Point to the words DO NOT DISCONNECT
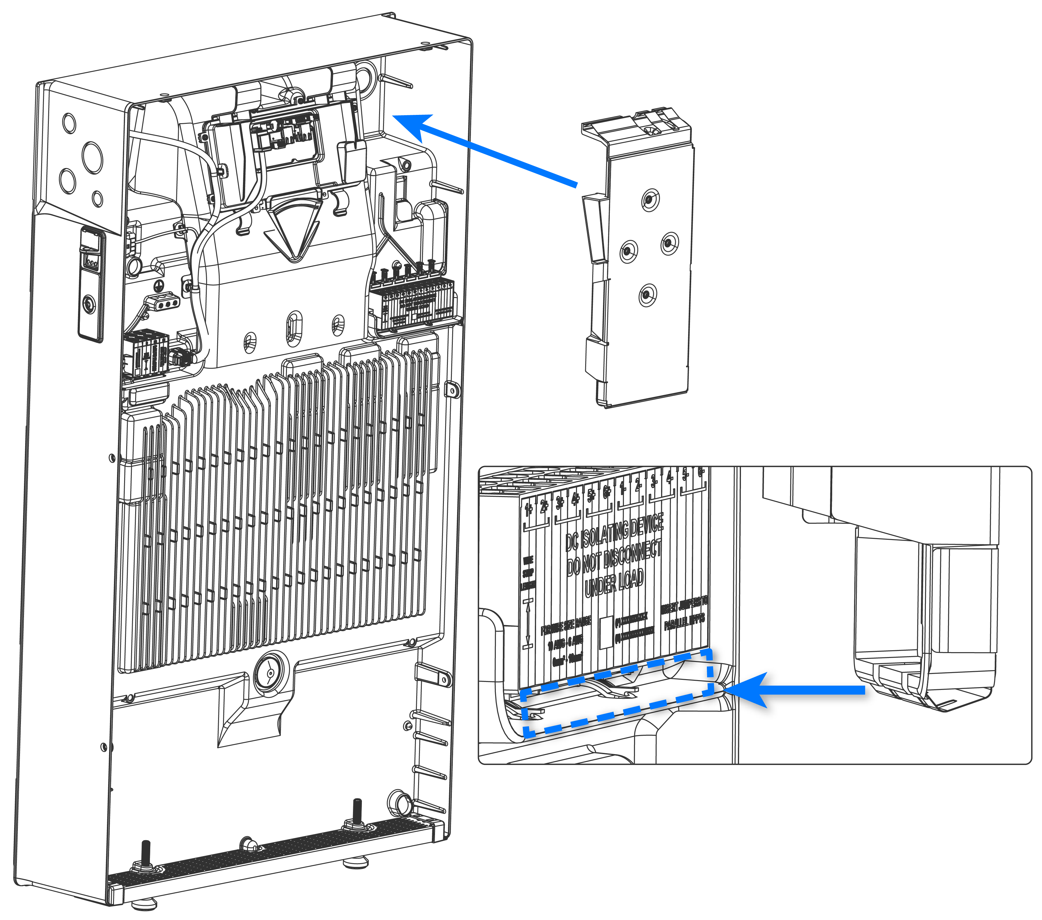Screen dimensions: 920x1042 [x=614, y=558]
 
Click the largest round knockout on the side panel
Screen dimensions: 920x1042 [x=92, y=157]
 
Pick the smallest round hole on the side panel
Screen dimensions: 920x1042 [x=97, y=198]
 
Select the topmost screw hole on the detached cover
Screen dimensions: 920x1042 [x=649, y=199]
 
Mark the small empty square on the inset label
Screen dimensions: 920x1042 [x=605, y=632]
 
